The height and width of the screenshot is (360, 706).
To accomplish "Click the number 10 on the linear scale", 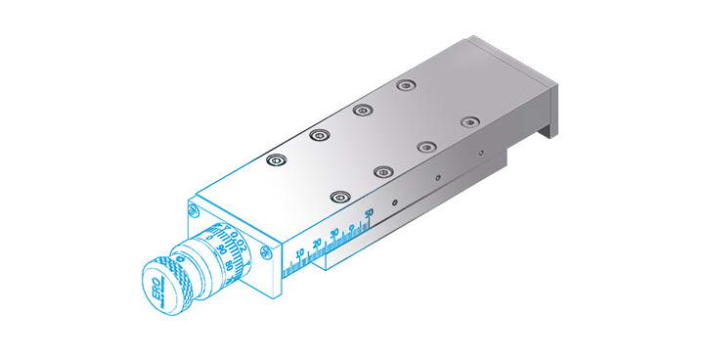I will coord(299,253).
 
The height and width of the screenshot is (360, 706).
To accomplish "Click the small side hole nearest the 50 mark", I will coord(394,202).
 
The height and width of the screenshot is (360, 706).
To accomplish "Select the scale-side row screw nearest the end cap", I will coord(470,122).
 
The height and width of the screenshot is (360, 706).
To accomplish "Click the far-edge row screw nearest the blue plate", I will coord(277,159).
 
